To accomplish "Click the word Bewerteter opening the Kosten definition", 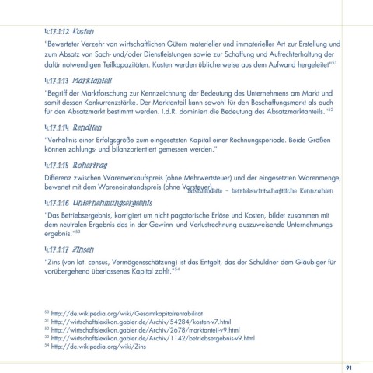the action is coord(63,44).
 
